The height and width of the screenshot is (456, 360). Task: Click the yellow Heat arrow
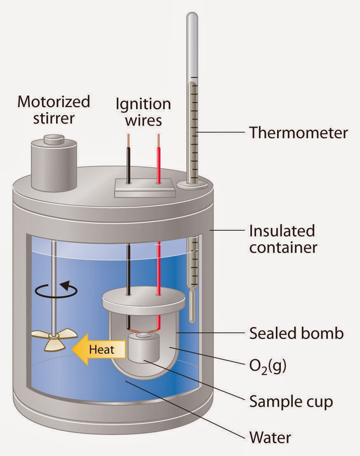[x=99, y=350]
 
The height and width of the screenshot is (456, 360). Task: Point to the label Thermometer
[x=298, y=133]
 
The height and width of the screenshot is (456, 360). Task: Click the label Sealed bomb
[x=296, y=333]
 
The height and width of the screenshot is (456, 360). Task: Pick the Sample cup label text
[x=291, y=401]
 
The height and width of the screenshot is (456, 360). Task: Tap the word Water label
[x=271, y=436]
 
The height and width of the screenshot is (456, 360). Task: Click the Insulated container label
[x=282, y=239]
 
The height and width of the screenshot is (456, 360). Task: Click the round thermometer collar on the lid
[x=192, y=185]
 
